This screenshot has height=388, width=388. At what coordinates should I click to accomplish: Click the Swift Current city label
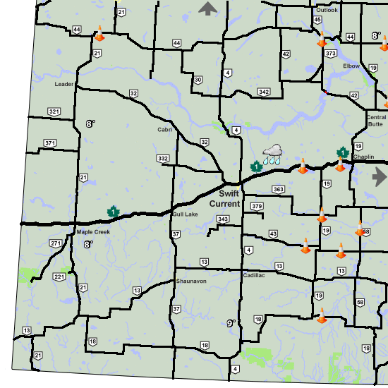(x=229, y=198)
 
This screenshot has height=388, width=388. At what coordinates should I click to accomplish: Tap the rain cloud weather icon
(x=272, y=154)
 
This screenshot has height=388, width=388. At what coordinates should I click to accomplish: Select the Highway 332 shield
(x=163, y=158)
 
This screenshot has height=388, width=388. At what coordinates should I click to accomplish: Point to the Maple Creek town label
(x=89, y=231)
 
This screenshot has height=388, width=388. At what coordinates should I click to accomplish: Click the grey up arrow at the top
(x=208, y=8)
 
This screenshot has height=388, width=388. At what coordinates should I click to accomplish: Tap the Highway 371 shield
(x=49, y=143)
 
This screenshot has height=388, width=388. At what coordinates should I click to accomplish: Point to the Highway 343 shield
(x=223, y=220)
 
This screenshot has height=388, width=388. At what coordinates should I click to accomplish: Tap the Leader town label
(x=64, y=84)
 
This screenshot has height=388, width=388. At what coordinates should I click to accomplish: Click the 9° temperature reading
(x=230, y=323)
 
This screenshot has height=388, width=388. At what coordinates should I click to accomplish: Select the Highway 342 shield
(x=264, y=92)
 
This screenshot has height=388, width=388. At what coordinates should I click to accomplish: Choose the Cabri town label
(x=164, y=130)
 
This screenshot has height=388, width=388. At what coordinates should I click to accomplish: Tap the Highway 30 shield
(x=198, y=80)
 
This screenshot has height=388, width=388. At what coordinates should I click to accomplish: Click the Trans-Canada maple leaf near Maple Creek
(x=111, y=211)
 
